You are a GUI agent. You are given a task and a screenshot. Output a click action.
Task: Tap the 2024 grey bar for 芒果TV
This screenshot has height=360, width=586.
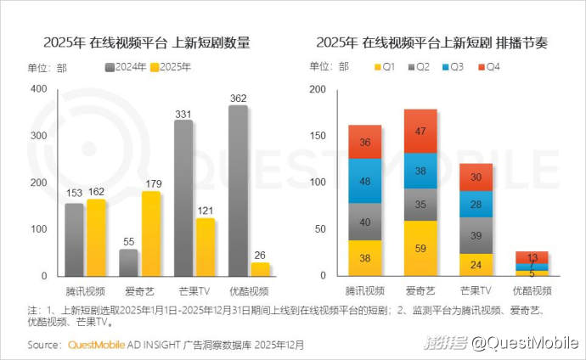(183, 198)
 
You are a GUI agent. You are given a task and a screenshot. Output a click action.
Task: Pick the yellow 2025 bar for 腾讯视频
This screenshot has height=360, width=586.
(96, 238)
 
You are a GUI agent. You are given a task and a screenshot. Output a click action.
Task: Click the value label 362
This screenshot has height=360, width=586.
(239, 98)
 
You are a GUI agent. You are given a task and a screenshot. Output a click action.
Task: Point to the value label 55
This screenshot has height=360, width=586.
(128, 242)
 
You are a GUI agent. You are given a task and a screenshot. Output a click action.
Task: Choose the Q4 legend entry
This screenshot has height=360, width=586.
(490, 66)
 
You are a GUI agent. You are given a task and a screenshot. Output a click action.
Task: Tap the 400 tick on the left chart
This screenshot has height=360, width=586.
(39, 89)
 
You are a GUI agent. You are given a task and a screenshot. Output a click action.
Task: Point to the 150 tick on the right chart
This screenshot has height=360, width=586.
(318, 136)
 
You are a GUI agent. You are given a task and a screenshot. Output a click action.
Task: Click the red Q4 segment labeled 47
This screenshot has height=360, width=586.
(420, 131)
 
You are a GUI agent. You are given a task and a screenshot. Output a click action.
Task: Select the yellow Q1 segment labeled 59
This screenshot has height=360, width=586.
(420, 249)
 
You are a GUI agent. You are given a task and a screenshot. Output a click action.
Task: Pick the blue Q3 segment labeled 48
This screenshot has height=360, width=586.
(365, 181)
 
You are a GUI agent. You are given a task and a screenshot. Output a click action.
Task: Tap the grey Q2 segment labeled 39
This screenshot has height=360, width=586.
(475, 235)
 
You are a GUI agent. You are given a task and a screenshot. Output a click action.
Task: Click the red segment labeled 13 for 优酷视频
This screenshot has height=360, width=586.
(531, 256)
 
